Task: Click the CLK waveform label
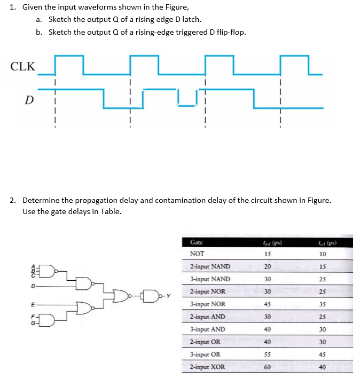tap(23, 67)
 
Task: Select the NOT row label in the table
tap(197, 255)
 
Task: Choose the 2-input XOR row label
tap(208, 367)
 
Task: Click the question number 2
tap(12, 201)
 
